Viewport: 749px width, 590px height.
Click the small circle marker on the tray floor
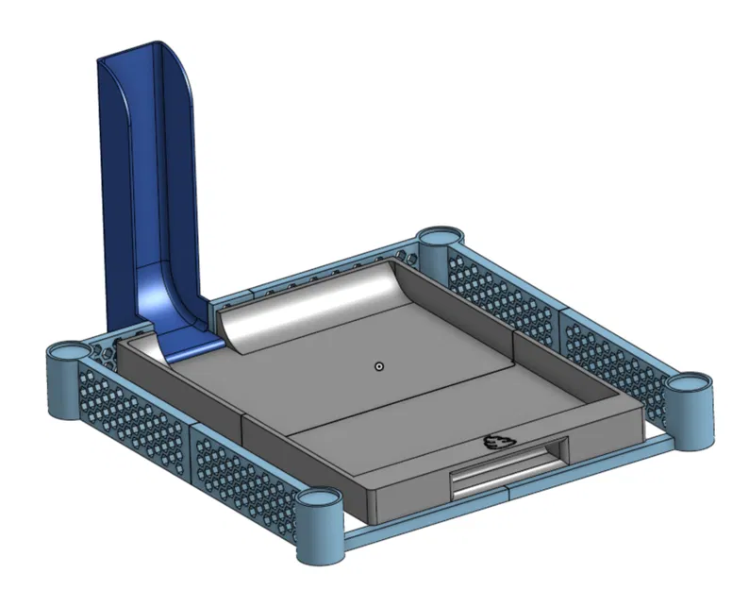378,366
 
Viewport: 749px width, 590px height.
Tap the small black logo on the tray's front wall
495,442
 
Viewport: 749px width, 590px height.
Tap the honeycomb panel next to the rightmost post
613,359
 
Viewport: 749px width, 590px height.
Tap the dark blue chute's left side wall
118,189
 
